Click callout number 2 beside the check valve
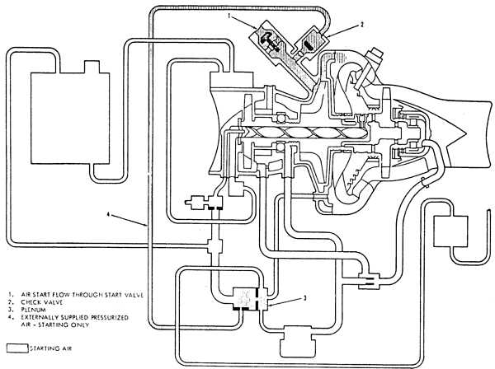(358, 26)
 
